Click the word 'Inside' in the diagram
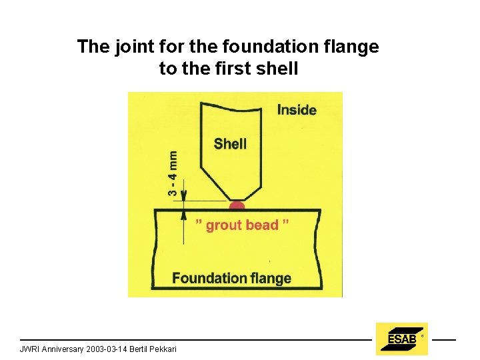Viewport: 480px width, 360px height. point(297,110)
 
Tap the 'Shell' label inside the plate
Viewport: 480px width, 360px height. point(230,143)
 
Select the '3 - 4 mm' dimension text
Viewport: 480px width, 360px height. point(173,173)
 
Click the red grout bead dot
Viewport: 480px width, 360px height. point(237,205)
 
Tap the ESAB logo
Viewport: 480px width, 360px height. point(401,339)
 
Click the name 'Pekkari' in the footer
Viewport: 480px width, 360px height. point(163,349)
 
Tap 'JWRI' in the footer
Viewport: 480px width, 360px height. point(30,349)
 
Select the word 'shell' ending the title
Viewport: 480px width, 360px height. point(280,68)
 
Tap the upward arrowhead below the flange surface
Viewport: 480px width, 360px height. point(185,214)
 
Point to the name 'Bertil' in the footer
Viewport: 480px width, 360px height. point(141,349)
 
